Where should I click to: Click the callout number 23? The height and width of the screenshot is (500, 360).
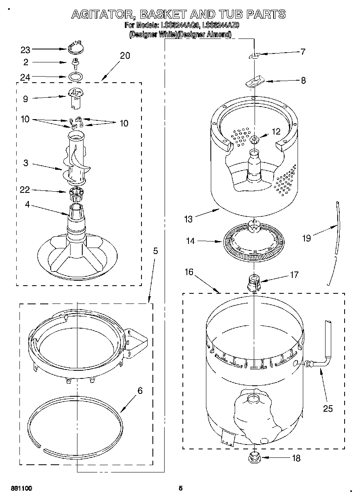click(26, 50)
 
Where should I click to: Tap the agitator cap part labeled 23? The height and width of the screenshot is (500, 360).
click(74, 48)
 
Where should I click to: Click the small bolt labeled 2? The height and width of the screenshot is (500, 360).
click(75, 62)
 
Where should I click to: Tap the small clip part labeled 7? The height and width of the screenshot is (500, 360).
click(255, 55)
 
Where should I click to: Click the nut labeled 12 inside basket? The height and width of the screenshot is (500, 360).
click(255, 140)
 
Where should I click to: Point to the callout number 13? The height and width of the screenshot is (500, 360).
click(188, 219)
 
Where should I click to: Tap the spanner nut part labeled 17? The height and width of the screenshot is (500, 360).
click(254, 281)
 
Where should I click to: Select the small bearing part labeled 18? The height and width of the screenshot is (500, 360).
click(254, 458)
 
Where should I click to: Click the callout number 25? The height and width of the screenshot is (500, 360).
click(328, 408)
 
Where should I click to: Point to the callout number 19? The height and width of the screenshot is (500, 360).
click(306, 238)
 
